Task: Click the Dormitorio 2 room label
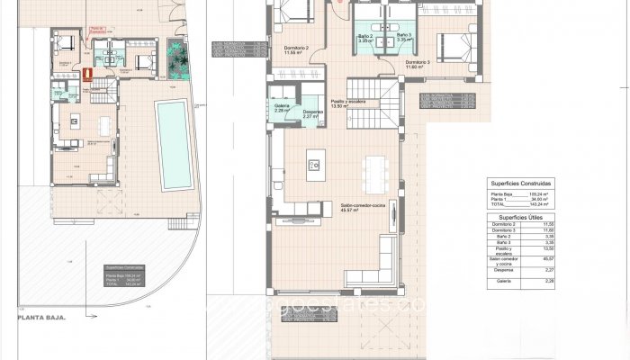pos(295,48)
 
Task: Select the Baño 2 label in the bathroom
pos(364,36)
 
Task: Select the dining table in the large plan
pos(372,166)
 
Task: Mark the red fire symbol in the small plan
pos(87,76)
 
